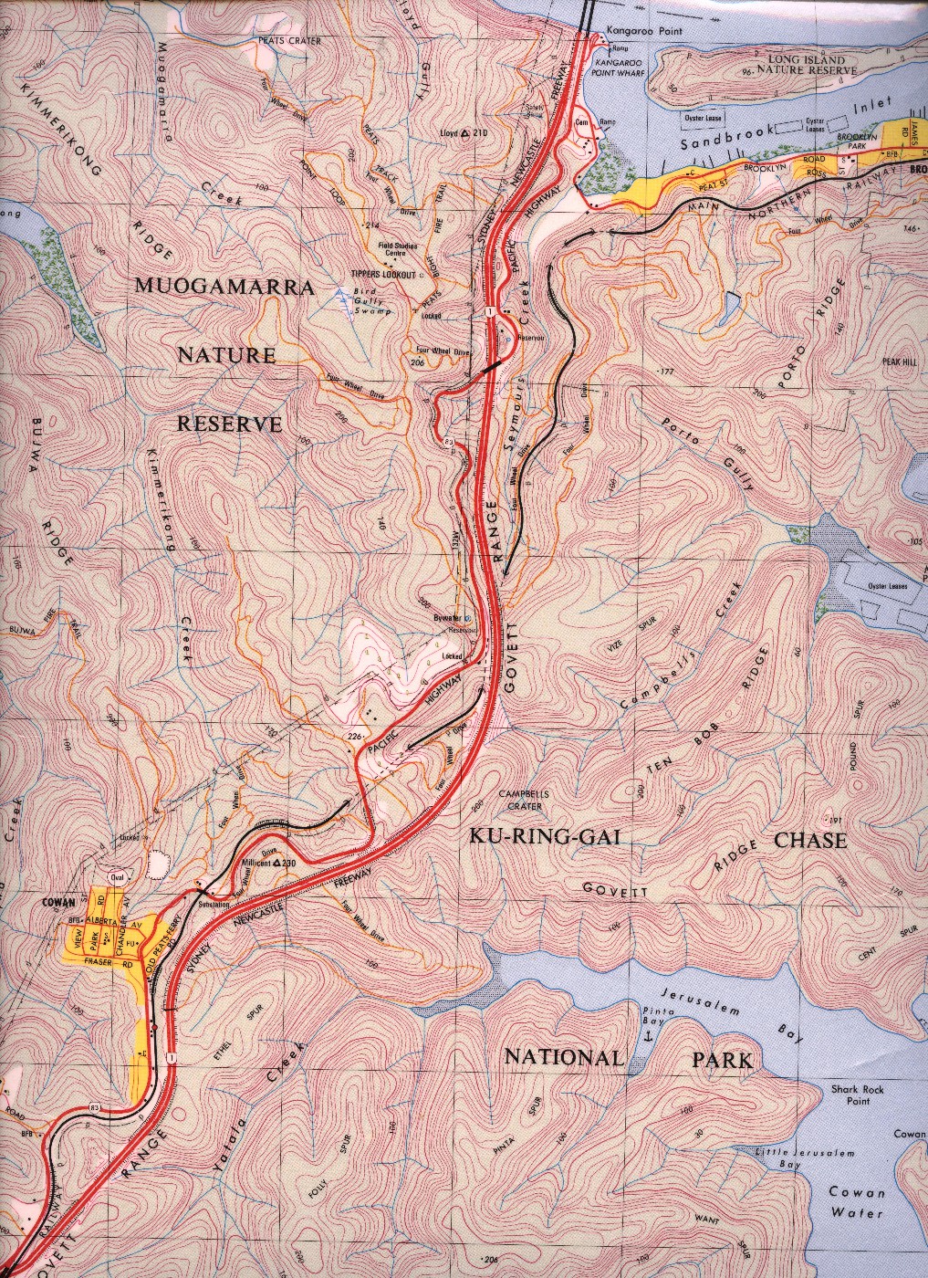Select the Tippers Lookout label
(x=383, y=275)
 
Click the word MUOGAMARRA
(x=224, y=287)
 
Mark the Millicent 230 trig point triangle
(x=277, y=863)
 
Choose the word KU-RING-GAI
(x=545, y=836)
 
